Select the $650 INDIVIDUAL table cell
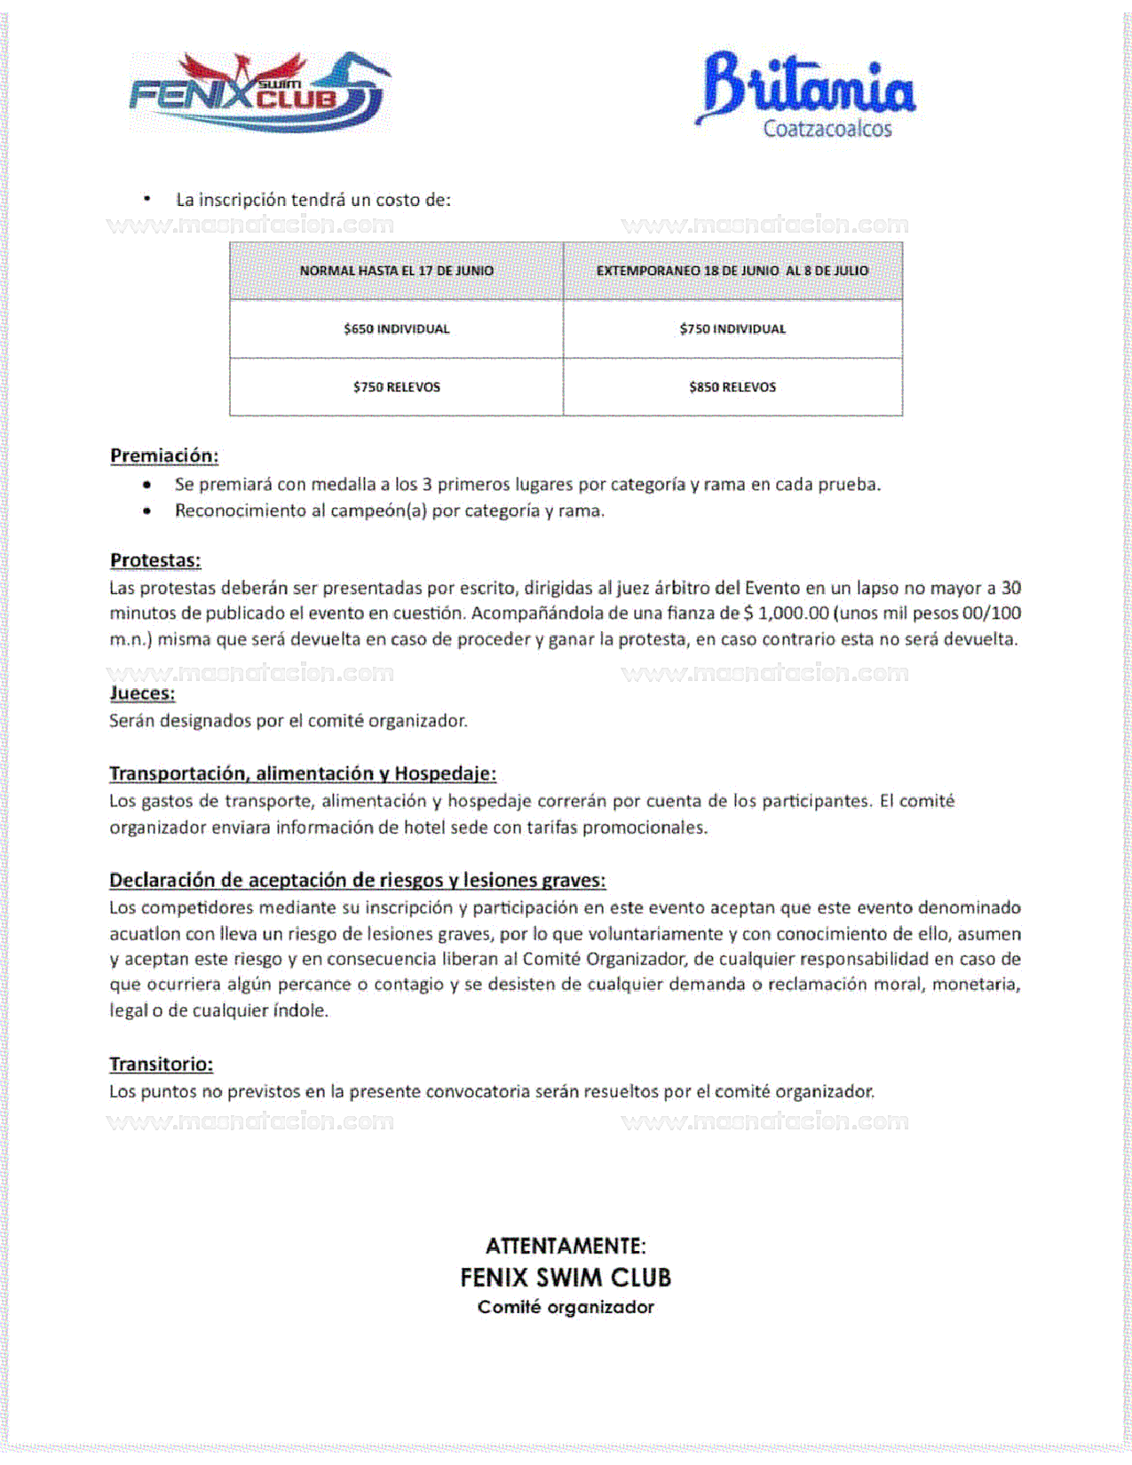pos(397,329)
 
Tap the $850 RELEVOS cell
pos(732,387)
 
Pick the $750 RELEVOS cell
pos(397,387)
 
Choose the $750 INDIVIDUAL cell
pos(732,329)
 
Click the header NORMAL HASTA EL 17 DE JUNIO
pos(397,271)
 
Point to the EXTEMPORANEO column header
pos(732,271)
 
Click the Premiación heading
pos(164,456)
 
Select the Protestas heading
pos(155,561)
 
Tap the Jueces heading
pos(142,693)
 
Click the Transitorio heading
pos(161,1065)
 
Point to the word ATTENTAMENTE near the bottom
pos(565,1246)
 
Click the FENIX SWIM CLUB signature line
pos(566,1278)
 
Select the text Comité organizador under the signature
pos(566,1307)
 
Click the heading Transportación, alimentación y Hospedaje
pos(303,774)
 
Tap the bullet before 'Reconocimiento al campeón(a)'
pos(147,511)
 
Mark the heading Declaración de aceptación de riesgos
pos(357,881)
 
